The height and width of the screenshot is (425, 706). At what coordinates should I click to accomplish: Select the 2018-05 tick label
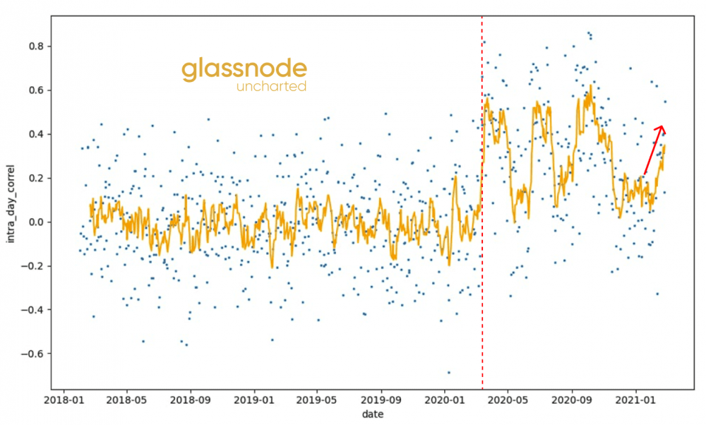[127, 400]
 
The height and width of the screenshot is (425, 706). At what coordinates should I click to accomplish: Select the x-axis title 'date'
[373, 414]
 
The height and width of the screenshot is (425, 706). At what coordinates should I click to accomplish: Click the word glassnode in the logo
[244, 69]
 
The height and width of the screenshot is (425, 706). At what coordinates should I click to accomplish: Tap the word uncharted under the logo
[272, 87]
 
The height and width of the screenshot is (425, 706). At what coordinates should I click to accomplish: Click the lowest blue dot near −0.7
[448, 372]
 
